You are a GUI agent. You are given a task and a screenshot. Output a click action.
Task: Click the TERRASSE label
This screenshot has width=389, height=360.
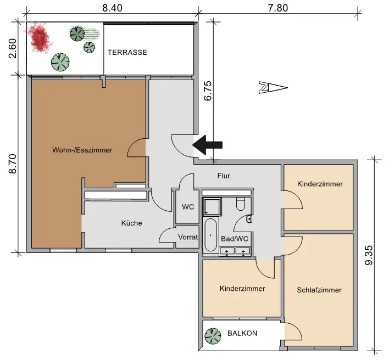pos(127,52)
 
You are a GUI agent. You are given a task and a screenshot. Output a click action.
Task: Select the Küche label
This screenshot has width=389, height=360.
pos(132,223)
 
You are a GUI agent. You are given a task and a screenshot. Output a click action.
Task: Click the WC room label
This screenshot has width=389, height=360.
pos(187,207)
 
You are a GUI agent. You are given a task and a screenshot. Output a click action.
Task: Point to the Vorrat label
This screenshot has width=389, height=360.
pos(187,238)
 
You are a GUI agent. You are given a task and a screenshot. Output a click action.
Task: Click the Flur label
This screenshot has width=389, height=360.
pos(223,176)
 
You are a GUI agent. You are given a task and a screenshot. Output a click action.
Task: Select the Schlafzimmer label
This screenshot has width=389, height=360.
pos(319,290)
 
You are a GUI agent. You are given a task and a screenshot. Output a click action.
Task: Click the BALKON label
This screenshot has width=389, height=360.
pos(242,333)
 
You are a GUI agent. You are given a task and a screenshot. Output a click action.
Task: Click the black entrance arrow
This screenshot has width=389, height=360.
pos(208,145)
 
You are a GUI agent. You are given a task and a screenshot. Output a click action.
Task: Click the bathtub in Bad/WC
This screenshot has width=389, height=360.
pos(210,234)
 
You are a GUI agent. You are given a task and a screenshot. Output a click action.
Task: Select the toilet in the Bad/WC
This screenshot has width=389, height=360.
pos(240,205)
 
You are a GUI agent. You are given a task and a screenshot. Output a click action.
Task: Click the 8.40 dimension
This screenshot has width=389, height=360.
pos(113,8)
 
